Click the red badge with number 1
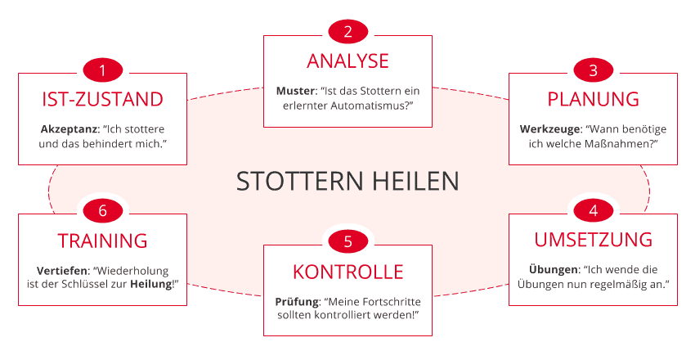pos(102,70)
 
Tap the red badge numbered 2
pos(348,32)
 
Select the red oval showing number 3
pos(593,70)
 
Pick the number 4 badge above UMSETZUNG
pos(593,210)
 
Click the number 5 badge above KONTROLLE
pos(348,241)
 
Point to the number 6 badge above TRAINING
pos(102,210)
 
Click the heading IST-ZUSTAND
pos(102,99)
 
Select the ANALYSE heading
pos(348,61)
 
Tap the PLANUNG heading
pos(593,99)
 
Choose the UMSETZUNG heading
pos(593,240)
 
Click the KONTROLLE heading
pos(348,272)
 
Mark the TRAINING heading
pos(102,241)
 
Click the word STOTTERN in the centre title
pos(301,182)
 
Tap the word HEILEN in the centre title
pos(415,182)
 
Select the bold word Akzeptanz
pos(69,129)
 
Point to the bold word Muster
pos(295,91)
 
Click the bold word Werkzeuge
pos(549,129)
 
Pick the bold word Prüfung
pos(297,303)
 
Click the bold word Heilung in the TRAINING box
pos(150,284)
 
